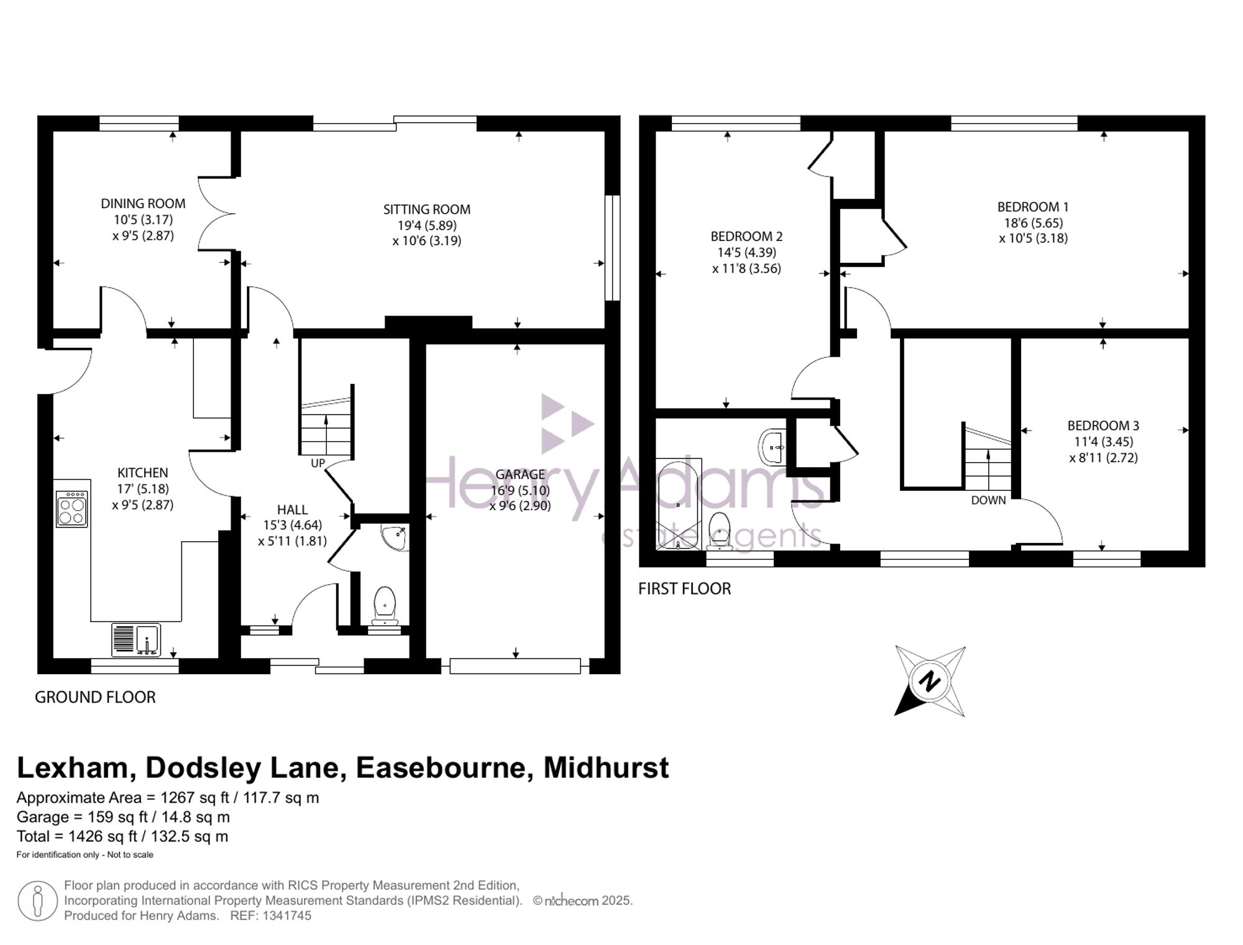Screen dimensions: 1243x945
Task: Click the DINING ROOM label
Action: click(143, 204)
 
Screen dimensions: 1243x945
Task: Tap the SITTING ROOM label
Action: click(427, 210)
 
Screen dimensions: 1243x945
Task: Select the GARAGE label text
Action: click(520, 475)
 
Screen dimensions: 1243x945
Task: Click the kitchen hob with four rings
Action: click(71, 509)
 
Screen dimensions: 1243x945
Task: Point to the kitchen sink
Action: click(136, 640)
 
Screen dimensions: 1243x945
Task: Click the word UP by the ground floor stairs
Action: click(318, 463)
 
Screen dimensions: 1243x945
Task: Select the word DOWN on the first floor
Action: click(988, 500)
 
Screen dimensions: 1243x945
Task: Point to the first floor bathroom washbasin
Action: click(773, 446)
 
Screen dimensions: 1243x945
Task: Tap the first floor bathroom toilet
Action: click(720, 531)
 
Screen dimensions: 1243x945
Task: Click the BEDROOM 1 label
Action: click(1033, 207)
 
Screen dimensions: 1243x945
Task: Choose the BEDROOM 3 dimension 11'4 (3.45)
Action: click(1104, 442)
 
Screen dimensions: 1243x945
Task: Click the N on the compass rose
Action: click(930, 682)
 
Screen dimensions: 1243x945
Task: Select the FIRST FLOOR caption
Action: click(684, 589)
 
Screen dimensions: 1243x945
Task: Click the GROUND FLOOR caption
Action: click(95, 697)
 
